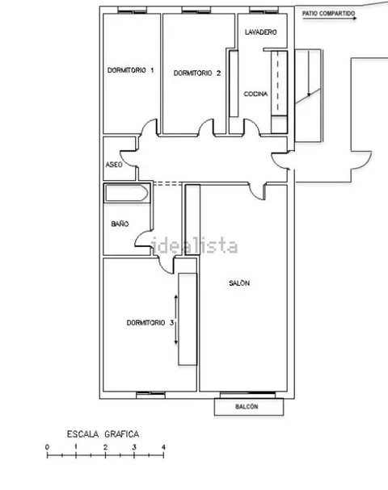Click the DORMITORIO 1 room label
tap(130, 70)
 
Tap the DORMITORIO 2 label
tap(197, 73)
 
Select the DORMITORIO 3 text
tap(150, 323)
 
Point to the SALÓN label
tap(239, 283)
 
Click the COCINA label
tap(255, 94)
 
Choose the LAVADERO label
tap(260, 32)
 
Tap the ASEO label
tap(114, 165)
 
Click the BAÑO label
tap(120, 224)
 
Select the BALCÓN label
tap(247, 407)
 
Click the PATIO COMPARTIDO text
tap(328, 14)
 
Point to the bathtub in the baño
tap(126, 193)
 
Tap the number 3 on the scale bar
tap(134, 447)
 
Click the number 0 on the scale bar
tap(47, 447)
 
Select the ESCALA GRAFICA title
tap(103, 434)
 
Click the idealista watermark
tap(194, 246)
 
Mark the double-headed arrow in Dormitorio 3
tap(176, 320)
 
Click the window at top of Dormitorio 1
tap(133, 10)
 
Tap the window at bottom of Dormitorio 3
tap(151, 395)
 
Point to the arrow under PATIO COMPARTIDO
tap(330, 19)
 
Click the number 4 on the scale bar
tap(163, 447)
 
